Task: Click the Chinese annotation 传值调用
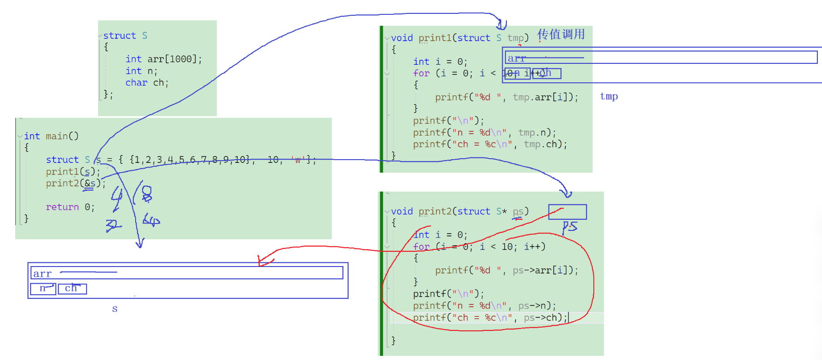pyautogui.click(x=561, y=34)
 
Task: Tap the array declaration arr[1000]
pyautogui.click(x=174, y=59)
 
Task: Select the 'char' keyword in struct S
pyautogui.click(x=136, y=83)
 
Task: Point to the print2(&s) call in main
pyautogui.click(x=75, y=183)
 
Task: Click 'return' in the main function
pyautogui.click(x=62, y=207)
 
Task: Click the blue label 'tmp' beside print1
pyautogui.click(x=609, y=96)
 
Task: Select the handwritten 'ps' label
pyautogui.click(x=570, y=226)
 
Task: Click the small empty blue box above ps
pyautogui.click(x=567, y=212)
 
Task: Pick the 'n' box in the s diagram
pyautogui.click(x=43, y=288)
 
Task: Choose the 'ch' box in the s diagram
pyautogui.click(x=72, y=288)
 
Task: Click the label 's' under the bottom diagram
pyautogui.click(x=115, y=309)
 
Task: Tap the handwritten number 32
pyautogui.click(x=113, y=225)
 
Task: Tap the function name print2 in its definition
pyautogui.click(x=434, y=211)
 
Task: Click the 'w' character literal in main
pyautogui.click(x=298, y=160)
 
